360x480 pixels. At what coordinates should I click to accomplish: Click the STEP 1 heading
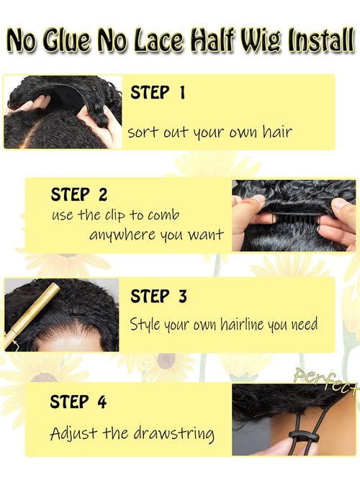(158, 93)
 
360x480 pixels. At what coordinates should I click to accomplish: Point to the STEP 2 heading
(79, 194)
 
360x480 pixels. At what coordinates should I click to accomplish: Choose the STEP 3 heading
(158, 296)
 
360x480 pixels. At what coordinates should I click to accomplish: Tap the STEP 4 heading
(78, 402)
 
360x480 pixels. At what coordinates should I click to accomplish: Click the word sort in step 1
(142, 133)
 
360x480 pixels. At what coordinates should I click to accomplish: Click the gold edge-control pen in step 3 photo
(33, 312)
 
